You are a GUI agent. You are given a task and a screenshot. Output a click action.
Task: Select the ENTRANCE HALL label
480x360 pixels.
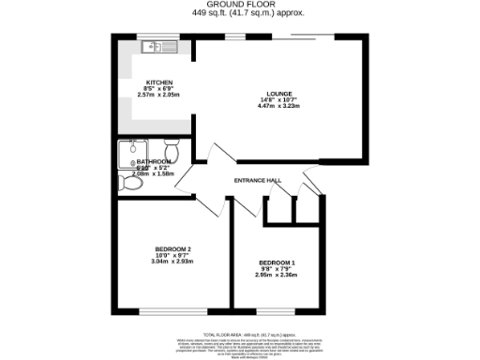258,180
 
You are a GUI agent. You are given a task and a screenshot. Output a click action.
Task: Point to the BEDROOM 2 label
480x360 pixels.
172,248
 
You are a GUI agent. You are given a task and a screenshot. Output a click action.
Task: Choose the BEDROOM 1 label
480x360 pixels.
277,262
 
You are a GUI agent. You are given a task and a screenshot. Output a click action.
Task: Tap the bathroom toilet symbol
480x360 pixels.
172,150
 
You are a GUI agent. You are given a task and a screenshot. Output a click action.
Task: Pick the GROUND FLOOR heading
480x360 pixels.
239,6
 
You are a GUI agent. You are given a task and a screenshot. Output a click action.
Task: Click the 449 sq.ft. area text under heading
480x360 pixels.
239,14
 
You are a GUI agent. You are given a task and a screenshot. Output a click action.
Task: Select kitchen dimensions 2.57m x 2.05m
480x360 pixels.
157,95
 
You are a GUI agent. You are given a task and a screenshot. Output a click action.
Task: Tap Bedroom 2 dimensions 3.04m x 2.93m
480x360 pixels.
172,262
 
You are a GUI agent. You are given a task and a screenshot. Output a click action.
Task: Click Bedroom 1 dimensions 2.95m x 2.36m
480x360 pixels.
277,276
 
